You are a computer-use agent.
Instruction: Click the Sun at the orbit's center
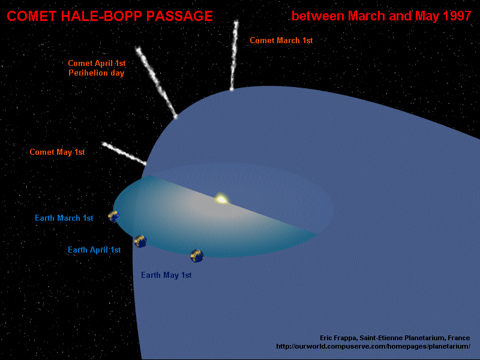pos(221,199)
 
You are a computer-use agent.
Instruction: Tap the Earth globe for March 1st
pos(114,216)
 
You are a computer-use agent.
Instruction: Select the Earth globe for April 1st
pos(140,241)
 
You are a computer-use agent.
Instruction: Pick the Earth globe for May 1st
pos(197,256)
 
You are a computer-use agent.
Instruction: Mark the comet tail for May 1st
pos(124,153)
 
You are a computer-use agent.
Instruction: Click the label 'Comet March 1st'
pos(281,41)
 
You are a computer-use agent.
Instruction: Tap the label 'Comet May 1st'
pos(57,152)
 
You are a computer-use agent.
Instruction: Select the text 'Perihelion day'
pos(96,73)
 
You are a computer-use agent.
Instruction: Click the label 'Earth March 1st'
pos(64,218)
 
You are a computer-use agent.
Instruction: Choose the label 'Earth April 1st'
pos(94,250)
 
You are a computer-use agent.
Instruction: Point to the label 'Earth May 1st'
pos(166,275)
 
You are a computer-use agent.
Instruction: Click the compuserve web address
pos(369,347)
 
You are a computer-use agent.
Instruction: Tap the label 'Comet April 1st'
pos(96,64)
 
